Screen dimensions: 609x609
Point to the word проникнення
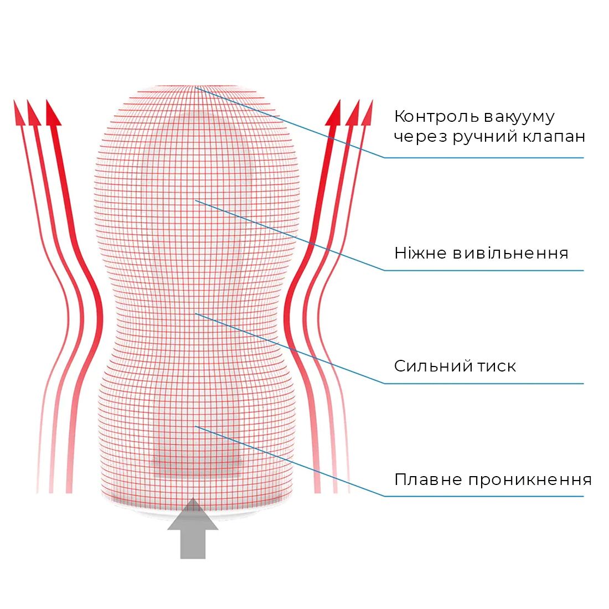click(530, 480)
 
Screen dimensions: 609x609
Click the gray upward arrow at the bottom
click(193, 528)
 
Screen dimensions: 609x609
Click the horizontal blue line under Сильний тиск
click(484, 383)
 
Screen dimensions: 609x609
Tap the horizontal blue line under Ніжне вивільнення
click(484, 270)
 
